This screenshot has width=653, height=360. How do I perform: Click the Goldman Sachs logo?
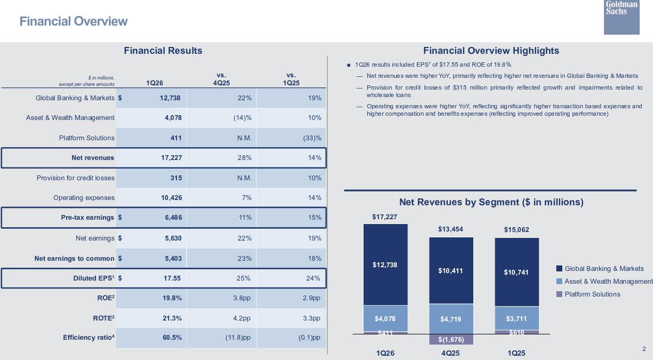tap(622, 17)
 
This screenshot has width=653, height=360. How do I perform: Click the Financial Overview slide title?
tap(74, 21)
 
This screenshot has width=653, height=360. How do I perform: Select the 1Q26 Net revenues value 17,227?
tap(172, 158)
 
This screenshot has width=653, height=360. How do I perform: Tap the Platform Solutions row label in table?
tap(86, 138)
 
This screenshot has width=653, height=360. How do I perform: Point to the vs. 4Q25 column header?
tap(221, 79)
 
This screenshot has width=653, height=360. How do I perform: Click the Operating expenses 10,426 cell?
tap(171, 198)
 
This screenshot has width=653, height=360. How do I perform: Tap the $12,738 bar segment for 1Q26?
tap(385, 265)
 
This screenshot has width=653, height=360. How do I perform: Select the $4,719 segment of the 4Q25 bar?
tap(450, 319)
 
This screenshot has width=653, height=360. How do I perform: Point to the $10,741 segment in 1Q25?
tap(516, 273)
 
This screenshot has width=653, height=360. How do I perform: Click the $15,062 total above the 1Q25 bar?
tap(516, 230)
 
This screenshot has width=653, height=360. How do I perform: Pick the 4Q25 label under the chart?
tap(450, 353)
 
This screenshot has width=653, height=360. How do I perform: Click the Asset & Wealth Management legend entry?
tap(608, 282)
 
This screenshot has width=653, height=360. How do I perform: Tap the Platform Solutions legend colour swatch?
tap(559, 294)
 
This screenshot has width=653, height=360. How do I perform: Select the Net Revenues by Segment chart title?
tap(491, 202)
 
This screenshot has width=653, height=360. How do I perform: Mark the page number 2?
tap(644, 349)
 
